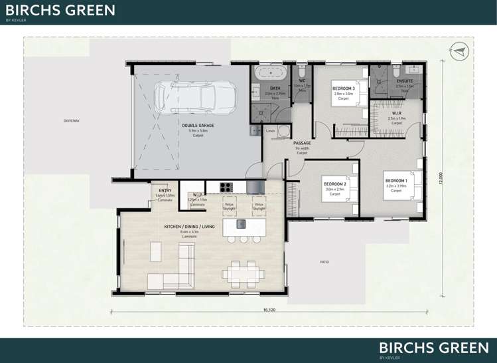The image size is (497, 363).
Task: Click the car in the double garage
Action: point(195,98)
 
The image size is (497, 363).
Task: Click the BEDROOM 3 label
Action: point(343,88)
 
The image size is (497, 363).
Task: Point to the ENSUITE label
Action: point(405,81)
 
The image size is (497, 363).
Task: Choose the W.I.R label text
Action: point(397,113)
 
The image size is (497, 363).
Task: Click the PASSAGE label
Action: point(302,143)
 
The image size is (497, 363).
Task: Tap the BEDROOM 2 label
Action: point(334,184)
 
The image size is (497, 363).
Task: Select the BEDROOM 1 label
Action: point(396,180)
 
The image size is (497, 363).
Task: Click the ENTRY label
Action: point(165,191)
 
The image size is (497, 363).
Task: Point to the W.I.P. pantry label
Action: point(198,195)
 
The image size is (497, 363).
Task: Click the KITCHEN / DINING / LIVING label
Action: point(190,227)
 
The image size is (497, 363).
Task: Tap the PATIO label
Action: point(324,262)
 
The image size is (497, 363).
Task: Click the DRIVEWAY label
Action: point(71,120)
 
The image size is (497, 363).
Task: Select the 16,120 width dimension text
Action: point(269,310)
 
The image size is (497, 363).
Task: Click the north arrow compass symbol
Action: point(459,50)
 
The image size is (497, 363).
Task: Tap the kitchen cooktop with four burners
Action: point(226,187)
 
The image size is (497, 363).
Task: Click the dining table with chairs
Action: point(242,273)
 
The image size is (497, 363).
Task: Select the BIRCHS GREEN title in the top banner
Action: point(60,11)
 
